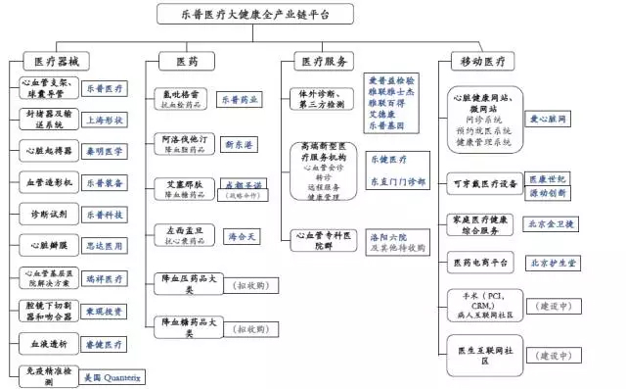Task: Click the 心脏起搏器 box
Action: tap(46, 151)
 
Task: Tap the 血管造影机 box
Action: tap(46, 182)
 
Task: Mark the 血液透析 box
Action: tap(46, 344)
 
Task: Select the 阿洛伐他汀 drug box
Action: tap(183, 145)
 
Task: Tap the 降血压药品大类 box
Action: tap(183, 284)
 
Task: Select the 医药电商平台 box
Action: tap(479, 263)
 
